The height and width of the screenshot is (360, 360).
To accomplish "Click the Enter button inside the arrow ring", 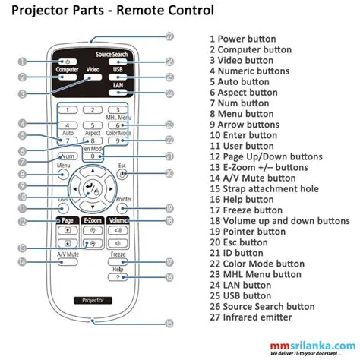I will (92, 188).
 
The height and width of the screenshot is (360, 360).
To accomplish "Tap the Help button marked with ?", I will (117, 277).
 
